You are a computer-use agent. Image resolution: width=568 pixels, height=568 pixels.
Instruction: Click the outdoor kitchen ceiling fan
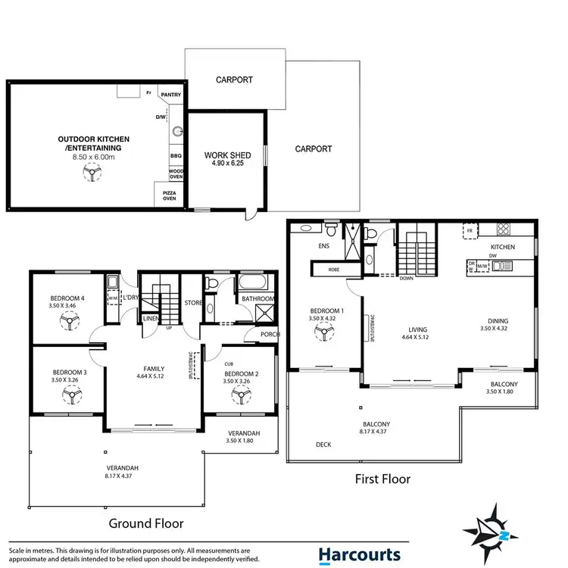(x=90, y=173)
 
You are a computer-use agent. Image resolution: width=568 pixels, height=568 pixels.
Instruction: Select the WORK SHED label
(x=226, y=156)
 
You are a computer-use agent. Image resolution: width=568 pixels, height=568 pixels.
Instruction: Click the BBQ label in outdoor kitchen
(x=176, y=155)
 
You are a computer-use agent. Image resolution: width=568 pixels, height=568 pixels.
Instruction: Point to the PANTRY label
(x=171, y=95)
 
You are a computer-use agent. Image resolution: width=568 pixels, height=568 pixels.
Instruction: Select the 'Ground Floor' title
(x=147, y=523)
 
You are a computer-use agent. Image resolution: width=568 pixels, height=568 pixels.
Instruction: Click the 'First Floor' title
(x=382, y=479)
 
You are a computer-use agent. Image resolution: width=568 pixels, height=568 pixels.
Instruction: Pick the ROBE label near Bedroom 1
(x=333, y=270)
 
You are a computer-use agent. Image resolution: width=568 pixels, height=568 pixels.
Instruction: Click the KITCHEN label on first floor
(x=502, y=248)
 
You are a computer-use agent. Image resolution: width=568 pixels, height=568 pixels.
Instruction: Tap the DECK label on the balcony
(x=326, y=445)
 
